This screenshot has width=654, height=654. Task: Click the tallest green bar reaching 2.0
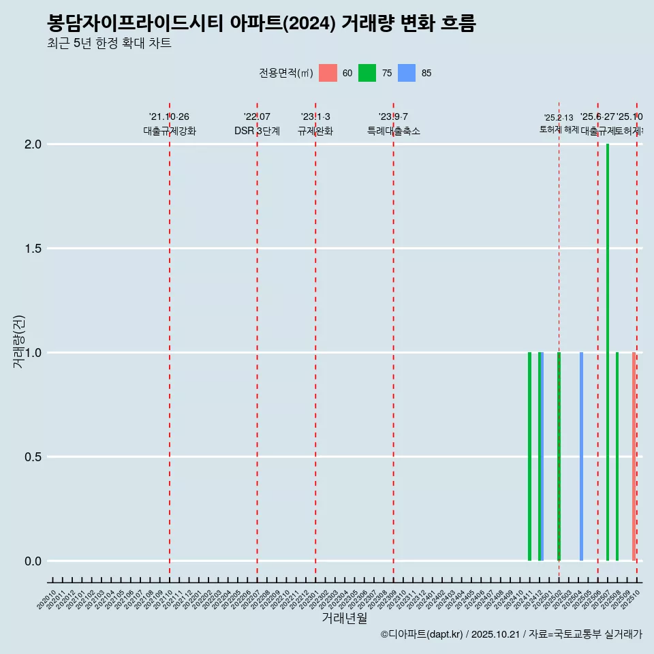point(608,341)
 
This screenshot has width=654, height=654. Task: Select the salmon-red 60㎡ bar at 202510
point(634,456)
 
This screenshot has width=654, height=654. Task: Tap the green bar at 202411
point(529,456)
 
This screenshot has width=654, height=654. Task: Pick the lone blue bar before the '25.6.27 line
point(581,456)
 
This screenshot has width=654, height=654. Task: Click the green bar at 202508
point(617,456)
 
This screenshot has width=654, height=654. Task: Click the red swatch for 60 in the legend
point(328,73)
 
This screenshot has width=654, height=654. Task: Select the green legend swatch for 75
point(367,73)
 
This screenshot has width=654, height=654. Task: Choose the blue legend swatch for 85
point(407,73)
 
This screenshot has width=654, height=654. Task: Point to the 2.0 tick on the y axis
point(33,144)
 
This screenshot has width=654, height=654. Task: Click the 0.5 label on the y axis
point(33,457)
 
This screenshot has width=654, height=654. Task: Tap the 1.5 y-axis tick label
point(33,249)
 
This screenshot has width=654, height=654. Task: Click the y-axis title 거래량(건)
point(18,341)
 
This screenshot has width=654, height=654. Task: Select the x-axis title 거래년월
point(344,618)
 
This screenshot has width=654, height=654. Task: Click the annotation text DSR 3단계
point(257,131)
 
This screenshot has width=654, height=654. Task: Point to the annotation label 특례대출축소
point(393,131)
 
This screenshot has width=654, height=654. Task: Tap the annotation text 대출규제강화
point(170,131)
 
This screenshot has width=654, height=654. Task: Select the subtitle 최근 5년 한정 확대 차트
point(109,44)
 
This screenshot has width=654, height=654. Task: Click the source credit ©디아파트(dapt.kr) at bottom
point(422,634)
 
